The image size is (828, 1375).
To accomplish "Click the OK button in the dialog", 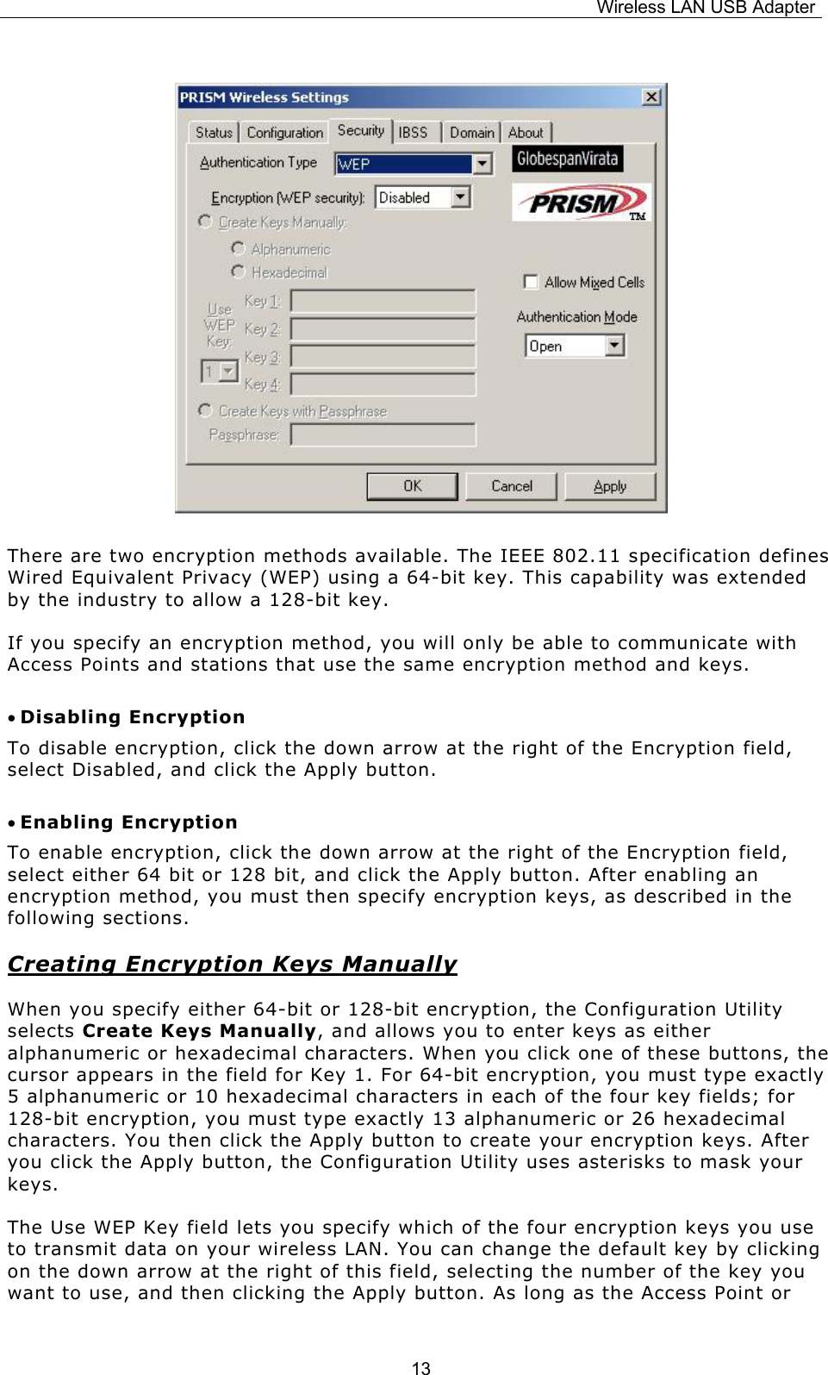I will click(412, 486).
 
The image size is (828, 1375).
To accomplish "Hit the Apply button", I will click(610, 486).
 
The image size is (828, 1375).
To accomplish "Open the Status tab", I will click(213, 133).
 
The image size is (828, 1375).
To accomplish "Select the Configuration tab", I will click(284, 133).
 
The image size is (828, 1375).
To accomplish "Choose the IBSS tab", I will click(413, 133).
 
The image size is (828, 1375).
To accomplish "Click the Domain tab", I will click(471, 133).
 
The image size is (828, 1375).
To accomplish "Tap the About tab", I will click(526, 133).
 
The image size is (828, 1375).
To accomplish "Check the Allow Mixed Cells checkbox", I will click(531, 282).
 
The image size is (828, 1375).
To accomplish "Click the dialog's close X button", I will click(651, 97).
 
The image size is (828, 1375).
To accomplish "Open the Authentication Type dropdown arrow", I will click(482, 164).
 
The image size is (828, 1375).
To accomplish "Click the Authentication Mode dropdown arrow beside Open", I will click(614, 346).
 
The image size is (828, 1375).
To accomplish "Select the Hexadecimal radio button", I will click(239, 272).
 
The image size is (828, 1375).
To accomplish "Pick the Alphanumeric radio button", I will click(239, 248).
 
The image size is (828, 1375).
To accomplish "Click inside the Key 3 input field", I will click(383, 357).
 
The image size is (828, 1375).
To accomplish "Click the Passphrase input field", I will click(383, 434).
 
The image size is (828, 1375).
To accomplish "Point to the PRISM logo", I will click(581, 203).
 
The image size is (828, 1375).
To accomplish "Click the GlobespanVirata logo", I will click(567, 159).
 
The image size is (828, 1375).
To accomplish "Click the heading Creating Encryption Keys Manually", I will click(232, 964).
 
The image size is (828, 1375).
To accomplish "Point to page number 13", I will click(420, 1367).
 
